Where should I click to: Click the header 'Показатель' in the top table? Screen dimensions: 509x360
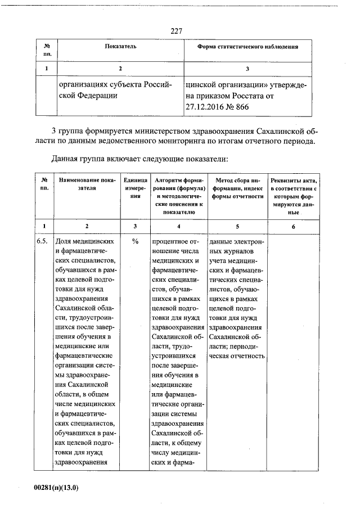120,46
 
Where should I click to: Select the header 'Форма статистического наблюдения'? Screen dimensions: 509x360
247,46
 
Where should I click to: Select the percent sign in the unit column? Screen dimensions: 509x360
135,241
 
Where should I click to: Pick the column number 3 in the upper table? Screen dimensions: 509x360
247,69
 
